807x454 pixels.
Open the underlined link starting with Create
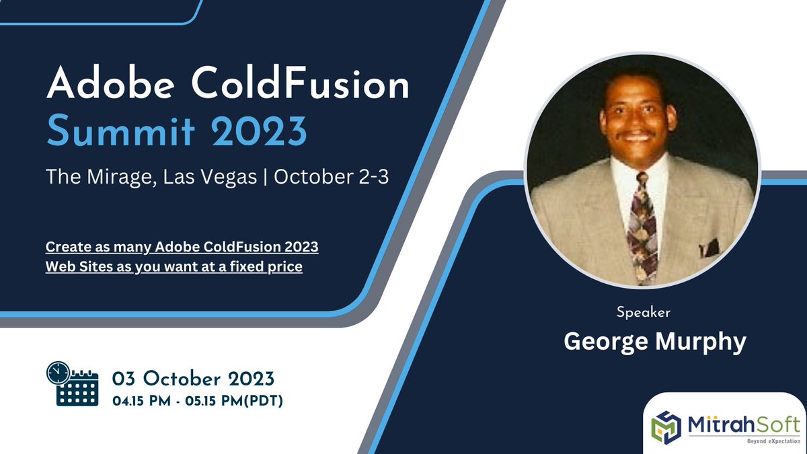[x=182, y=247]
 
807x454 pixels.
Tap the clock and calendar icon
[x=72, y=384]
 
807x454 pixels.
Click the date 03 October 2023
[x=194, y=377]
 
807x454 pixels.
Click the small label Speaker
[x=644, y=312]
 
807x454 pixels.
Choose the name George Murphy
[x=654, y=342]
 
